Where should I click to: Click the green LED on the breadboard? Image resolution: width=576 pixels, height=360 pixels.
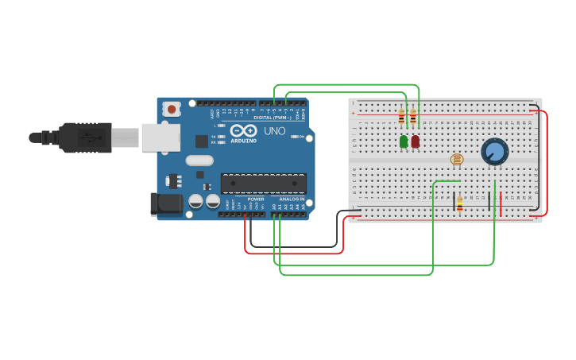(404, 141)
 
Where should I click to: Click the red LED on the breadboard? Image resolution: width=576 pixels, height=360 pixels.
(416, 141)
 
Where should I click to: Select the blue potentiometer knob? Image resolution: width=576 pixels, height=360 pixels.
(494, 151)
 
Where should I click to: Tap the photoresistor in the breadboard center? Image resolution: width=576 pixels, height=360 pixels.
(457, 160)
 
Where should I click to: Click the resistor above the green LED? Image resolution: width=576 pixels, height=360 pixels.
(401, 117)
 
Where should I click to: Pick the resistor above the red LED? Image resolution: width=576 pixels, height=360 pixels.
(413, 117)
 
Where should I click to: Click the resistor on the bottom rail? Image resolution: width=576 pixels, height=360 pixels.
(459, 203)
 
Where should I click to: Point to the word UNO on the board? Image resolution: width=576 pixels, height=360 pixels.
(274, 131)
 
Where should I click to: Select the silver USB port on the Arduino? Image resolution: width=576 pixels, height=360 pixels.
(160, 137)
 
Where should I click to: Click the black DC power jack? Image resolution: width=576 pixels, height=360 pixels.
(166, 203)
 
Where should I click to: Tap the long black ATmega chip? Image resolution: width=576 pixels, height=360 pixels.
(263, 184)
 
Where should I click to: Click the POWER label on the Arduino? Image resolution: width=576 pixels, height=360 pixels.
(256, 199)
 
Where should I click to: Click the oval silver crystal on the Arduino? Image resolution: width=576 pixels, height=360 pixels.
(199, 161)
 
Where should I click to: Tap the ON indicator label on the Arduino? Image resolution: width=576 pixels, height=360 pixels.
(302, 137)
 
